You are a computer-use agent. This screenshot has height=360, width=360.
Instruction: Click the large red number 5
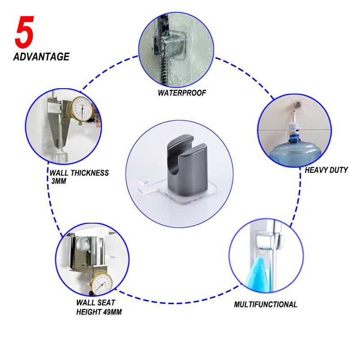(x=24, y=32)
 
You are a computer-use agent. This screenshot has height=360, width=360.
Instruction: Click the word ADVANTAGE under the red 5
(x=41, y=57)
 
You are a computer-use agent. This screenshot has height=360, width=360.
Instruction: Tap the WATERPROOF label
(x=182, y=93)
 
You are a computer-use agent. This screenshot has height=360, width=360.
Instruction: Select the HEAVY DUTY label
(x=326, y=170)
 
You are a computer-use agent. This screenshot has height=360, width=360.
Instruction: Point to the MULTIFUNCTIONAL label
(x=265, y=305)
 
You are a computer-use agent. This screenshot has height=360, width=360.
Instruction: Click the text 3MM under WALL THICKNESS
(x=59, y=181)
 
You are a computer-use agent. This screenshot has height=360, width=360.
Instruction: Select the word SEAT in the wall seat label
(x=105, y=302)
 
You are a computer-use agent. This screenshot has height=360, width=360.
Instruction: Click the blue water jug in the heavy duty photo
(x=295, y=149)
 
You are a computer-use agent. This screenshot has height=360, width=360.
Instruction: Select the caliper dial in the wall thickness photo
(x=82, y=108)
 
